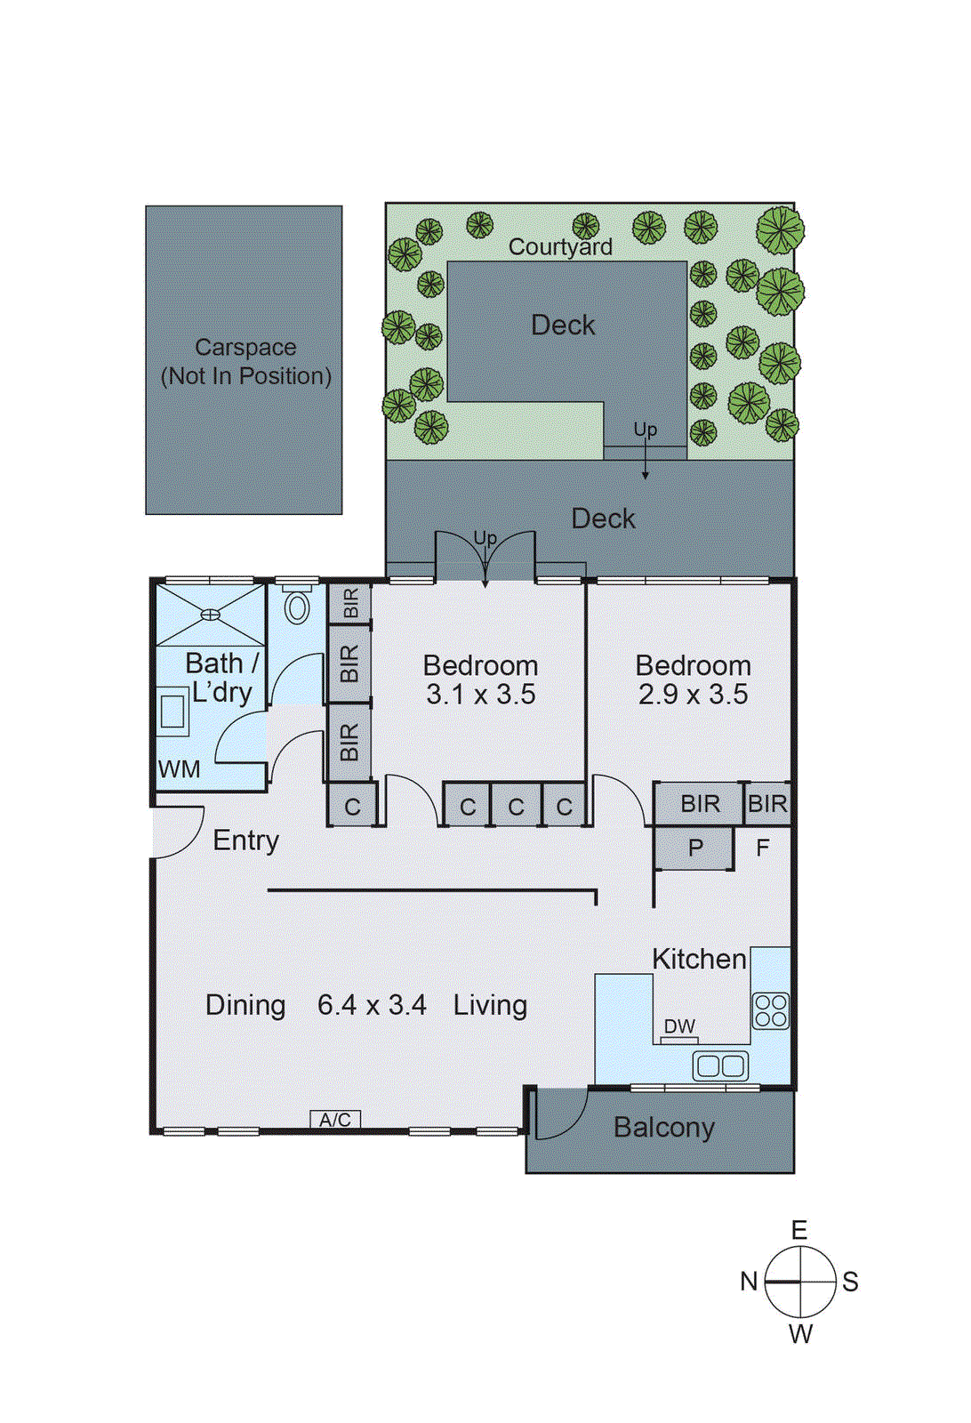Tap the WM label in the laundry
click(x=179, y=769)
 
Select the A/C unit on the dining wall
click(x=335, y=1120)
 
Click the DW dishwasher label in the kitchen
click(x=679, y=1026)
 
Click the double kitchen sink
click(x=720, y=1065)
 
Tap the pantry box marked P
click(x=694, y=848)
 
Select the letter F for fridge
click(x=762, y=848)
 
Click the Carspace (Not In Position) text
click(x=245, y=362)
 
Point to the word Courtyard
click(x=560, y=247)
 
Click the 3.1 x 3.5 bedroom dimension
click(x=480, y=695)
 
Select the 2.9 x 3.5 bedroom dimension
click(x=693, y=695)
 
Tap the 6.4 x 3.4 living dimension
click(x=372, y=1005)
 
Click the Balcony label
click(x=663, y=1128)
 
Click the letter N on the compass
click(x=749, y=1282)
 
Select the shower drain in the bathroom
click(x=210, y=614)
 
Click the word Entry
click(x=246, y=840)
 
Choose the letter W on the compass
click(x=800, y=1334)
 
